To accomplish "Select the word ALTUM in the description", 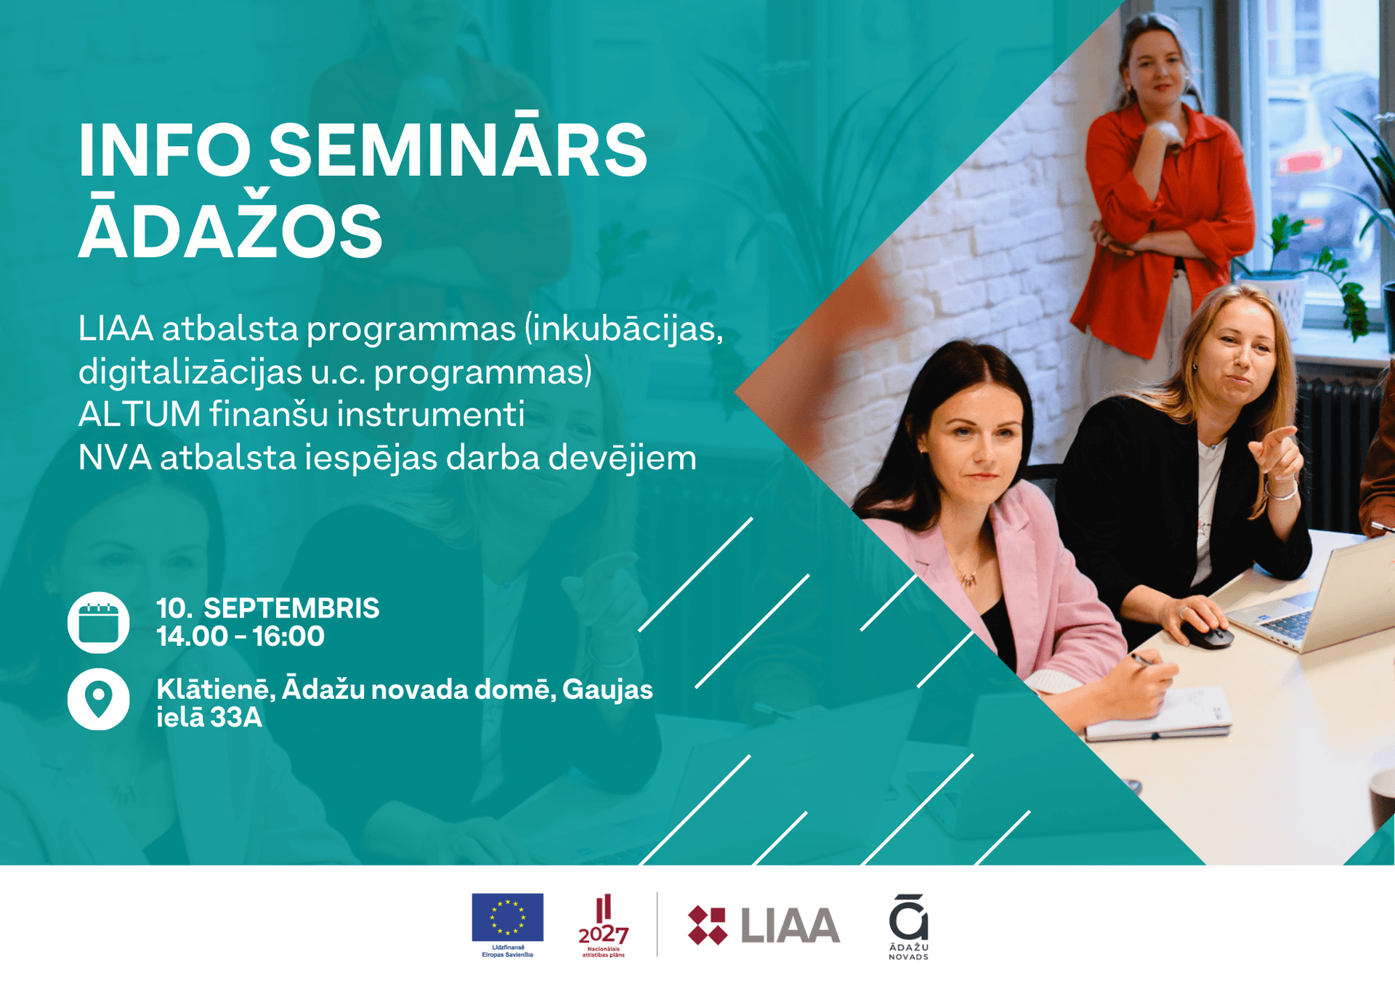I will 139,414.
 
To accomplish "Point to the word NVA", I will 115,458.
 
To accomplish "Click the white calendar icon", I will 99,623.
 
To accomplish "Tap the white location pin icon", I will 99,698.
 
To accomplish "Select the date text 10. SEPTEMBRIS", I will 267,608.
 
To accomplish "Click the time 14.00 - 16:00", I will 240,637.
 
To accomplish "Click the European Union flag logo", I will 507,917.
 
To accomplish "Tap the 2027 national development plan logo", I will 603,925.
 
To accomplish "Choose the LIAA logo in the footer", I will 764,925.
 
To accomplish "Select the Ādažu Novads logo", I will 908,926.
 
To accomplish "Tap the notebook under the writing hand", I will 1162,716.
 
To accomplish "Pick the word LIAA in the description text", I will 116,328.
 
